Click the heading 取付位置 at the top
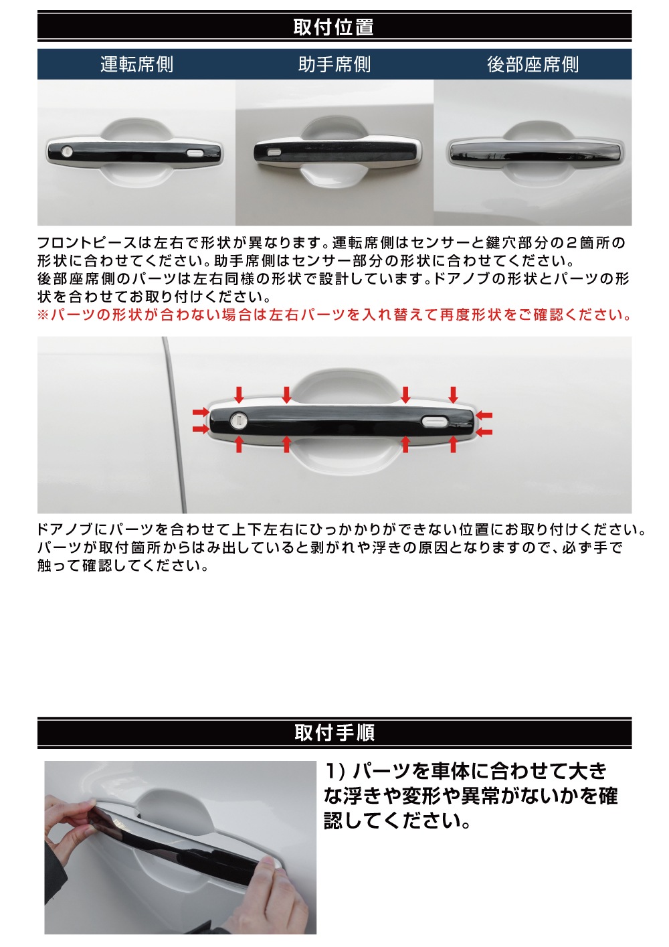coord(334,27)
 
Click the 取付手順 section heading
coord(334,732)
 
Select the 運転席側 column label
coord(136,64)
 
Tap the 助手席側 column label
coord(334,64)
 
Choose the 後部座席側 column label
coord(533,64)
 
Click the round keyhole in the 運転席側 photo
coord(67,151)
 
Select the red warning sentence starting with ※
coord(334,315)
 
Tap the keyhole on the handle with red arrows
coord(239,420)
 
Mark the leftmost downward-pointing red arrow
coord(239,394)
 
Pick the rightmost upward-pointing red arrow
coord(454,444)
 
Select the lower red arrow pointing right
coord(200,428)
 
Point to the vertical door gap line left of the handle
coord(175,428)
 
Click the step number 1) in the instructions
coord(334,771)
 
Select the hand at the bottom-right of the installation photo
coord(281,897)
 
